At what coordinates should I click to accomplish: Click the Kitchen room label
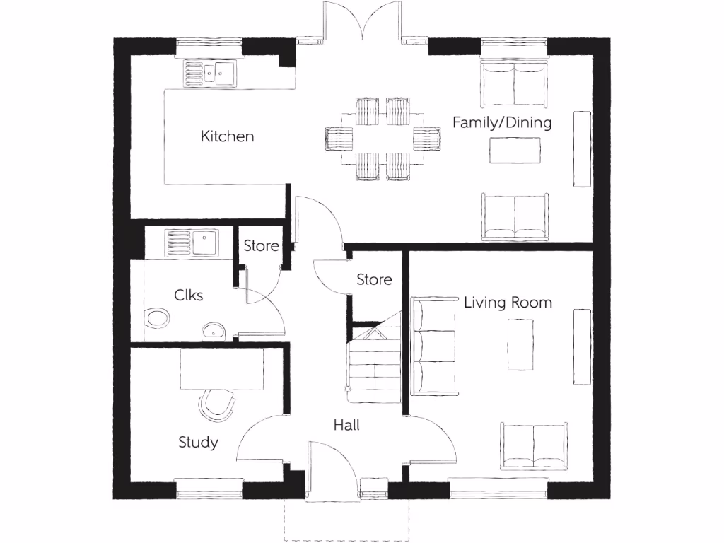[x=227, y=136]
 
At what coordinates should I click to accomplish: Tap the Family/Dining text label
[x=502, y=122]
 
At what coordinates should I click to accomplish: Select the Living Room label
[x=508, y=303]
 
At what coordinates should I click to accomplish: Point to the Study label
[x=198, y=443]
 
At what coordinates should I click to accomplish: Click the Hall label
[x=346, y=425]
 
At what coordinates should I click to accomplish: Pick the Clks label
[x=189, y=295]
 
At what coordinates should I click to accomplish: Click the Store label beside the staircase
[x=374, y=279]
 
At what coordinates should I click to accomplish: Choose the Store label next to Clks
[x=261, y=246]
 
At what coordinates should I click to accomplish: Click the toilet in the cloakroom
[x=156, y=319]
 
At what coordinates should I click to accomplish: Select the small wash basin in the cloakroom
[x=213, y=331]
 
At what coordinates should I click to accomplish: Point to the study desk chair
[x=217, y=405]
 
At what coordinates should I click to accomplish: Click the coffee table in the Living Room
[x=523, y=345]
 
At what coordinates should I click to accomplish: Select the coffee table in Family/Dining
[x=515, y=149]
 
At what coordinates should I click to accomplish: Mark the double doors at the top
[x=362, y=21]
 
